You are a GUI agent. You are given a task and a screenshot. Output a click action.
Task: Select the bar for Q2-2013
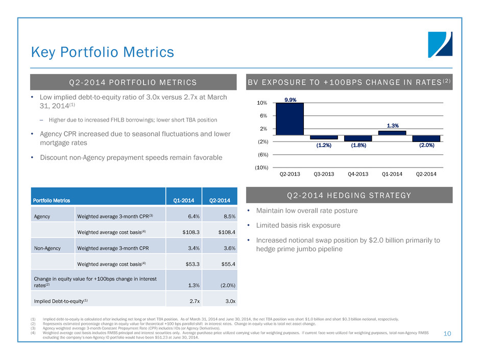pos(290,119)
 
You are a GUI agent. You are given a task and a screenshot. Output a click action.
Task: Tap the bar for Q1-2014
pos(392,133)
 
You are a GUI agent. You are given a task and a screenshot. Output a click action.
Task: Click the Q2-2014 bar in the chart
pos(426,138)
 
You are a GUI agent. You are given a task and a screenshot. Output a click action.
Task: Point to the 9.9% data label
pos(290,100)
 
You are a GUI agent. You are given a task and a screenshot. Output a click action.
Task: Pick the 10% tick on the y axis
pos(262,103)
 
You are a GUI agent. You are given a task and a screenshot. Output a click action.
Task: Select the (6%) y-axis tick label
pos(261,154)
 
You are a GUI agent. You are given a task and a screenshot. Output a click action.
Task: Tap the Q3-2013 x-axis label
pos(324,174)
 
